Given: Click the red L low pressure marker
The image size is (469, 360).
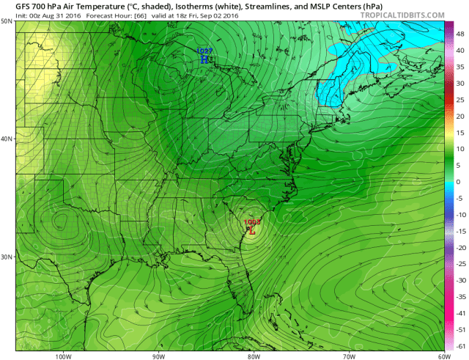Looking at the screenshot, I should click(251, 230).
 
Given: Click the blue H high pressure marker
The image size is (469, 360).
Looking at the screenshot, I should click(204, 59).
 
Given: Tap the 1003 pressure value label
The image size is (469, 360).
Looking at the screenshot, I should click(251, 221).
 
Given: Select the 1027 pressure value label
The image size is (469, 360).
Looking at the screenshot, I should click(204, 51).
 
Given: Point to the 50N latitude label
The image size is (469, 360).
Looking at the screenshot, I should click(7, 21).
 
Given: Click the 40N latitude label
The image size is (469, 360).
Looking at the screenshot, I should click(7, 139).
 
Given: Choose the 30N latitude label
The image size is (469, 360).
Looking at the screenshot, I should click(7, 257).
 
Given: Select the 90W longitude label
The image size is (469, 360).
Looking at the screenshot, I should click(158, 357).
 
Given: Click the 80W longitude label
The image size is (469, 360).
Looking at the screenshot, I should click(253, 357).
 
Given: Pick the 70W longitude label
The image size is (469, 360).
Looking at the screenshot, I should click(348, 357).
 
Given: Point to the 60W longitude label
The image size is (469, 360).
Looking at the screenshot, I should click(443, 357).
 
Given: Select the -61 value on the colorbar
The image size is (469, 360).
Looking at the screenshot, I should click(459, 345).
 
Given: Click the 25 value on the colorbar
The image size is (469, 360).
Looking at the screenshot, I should click(459, 100).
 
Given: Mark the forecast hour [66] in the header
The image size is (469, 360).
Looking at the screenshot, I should click(120, 14).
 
